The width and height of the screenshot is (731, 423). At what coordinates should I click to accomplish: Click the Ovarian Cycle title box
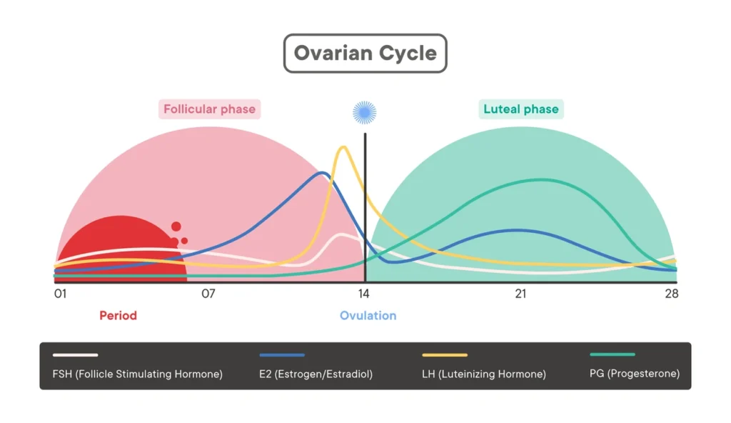tap(365, 54)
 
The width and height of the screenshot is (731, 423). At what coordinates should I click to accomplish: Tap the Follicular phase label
tap(209, 109)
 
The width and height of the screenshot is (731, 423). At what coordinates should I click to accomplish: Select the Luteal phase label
tap(521, 109)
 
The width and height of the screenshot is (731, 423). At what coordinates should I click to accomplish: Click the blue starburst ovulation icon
tap(365, 112)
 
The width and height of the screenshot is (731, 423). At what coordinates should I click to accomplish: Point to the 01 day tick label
tap(61, 294)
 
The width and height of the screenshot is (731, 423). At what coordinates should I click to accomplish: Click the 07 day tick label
tap(208, 294)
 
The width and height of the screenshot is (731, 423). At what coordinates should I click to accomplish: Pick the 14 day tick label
tap(364, 294)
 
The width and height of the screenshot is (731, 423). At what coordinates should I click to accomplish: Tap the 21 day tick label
tap(520, 294)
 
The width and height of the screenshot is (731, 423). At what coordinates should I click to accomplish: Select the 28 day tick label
tap(670, 294)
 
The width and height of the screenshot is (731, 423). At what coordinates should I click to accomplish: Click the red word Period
tap(118, 315)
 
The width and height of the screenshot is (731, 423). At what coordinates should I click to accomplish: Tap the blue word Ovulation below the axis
tap(368, 315)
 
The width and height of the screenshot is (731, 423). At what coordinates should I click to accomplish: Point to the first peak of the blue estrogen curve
tap(323, 172)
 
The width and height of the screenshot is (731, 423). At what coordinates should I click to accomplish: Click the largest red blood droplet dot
tap(176, 227)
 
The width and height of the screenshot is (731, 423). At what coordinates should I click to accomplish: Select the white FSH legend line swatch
tap(75, 354)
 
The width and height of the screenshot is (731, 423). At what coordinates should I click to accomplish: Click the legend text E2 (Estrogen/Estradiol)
tap(316, 374)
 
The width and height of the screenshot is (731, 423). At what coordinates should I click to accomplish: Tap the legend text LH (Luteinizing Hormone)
tap(484, 374)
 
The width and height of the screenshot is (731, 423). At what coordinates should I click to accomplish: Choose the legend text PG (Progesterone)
tap(635, 374)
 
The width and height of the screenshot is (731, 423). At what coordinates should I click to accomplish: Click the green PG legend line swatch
tap(612, 354)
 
